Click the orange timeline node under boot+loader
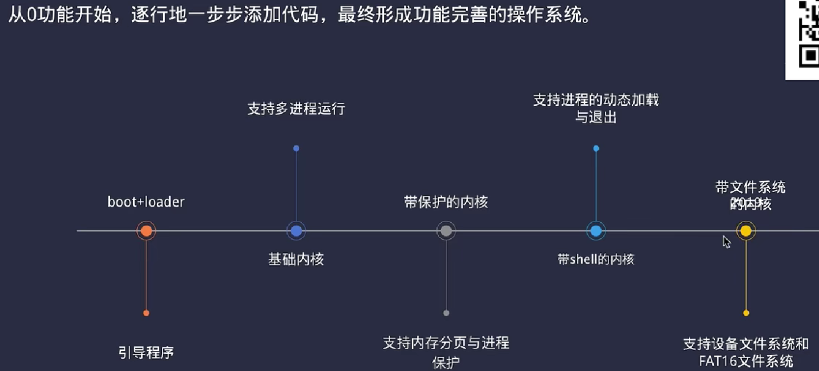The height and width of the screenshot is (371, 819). point(146,231)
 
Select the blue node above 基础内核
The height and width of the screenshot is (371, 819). point(296,231)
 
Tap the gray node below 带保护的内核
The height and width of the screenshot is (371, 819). point(446,231)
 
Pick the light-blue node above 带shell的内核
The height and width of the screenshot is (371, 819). point(596,231)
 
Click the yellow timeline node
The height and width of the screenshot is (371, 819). point(746,231)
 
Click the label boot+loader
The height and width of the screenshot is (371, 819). point(146,202)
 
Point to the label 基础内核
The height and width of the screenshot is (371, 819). point(296,259)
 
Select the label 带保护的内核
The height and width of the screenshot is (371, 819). point(446,202)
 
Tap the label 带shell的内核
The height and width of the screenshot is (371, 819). point(596,259)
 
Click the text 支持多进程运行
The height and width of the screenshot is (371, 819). point(296,109)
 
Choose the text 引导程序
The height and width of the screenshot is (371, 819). point(146,353)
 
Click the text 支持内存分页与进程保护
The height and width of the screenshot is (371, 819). point(446,352)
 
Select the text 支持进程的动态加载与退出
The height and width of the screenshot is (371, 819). point(596,108)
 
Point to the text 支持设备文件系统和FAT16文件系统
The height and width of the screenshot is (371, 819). point(746,352)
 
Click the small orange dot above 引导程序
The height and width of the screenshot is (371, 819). point(146,313)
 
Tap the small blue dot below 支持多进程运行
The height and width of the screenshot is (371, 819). point(296,148)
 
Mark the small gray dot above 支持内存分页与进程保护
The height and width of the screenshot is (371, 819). point(446,313)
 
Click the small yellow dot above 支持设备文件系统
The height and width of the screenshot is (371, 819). point(746,313)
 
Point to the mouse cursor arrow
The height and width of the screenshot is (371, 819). point(726,241)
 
